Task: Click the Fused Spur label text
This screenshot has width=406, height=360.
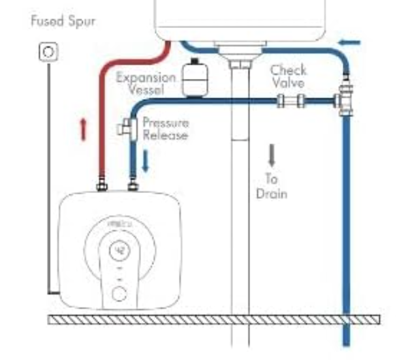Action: [x=63, y=22]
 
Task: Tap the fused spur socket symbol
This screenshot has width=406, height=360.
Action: [x=48, y=50]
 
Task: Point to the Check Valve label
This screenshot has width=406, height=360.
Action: [x=288, y=76]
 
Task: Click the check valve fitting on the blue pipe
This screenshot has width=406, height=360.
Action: [x=291, y=101]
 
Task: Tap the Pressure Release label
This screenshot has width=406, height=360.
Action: [x=166, y=129]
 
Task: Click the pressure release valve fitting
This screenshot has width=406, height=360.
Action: [x=127, y=127]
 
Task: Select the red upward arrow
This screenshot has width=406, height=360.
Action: [x=83, y=128]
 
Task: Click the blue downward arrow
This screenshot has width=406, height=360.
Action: [x=145, y=160]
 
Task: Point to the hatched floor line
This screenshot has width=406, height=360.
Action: [x=215, y=319]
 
